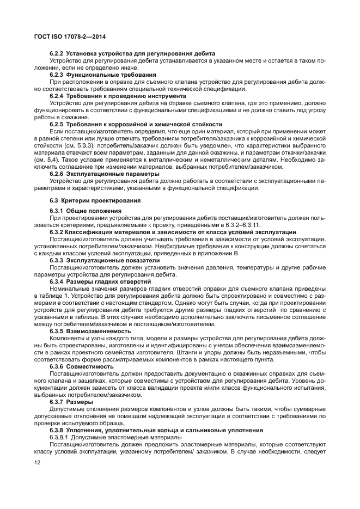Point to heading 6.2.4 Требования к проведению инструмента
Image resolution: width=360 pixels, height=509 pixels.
click(118, 96)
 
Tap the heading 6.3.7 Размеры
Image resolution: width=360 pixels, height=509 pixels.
click(75, 402)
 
